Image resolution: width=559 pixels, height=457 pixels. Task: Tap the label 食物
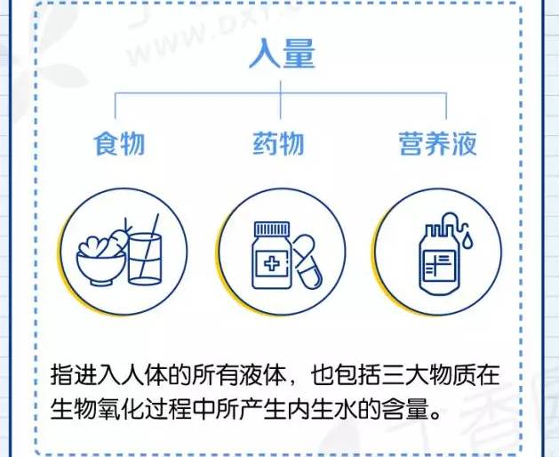click(119, 142)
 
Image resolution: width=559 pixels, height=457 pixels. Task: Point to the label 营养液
click(436, 142)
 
